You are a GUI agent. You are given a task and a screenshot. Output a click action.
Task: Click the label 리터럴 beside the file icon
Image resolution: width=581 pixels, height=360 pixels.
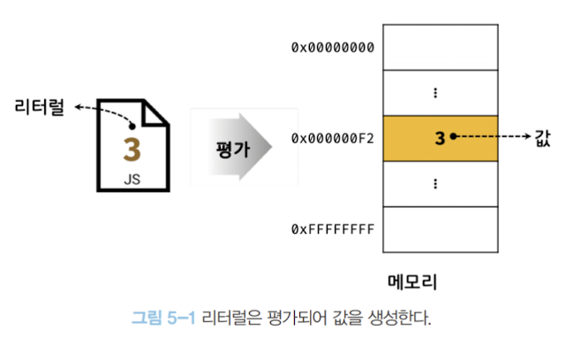[x=39, y=109]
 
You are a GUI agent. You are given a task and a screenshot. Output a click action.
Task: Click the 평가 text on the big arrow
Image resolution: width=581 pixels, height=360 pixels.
[x=232, y=147]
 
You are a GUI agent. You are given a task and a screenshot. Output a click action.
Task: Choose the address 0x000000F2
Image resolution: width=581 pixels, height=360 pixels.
[x=333, y=138]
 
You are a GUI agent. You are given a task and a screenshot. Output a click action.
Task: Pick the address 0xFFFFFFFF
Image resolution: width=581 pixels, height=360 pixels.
[x=333, y=229]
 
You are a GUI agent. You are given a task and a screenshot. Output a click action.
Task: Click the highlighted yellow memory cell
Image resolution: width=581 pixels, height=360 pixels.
[x=440, y=138]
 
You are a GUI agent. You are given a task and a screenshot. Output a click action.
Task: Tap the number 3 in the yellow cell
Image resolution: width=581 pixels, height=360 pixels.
[x=439, y=138]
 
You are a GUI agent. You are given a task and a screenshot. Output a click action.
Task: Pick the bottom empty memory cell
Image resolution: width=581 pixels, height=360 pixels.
[x=440, y=229]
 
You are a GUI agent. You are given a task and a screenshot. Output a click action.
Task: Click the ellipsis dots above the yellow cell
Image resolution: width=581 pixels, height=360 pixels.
[x=435, y=93]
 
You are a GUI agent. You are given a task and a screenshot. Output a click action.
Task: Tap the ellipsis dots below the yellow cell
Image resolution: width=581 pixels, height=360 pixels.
[x=435, y=184]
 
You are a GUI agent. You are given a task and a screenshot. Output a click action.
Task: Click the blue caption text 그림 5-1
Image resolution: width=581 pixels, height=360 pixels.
[x=163, y=318]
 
